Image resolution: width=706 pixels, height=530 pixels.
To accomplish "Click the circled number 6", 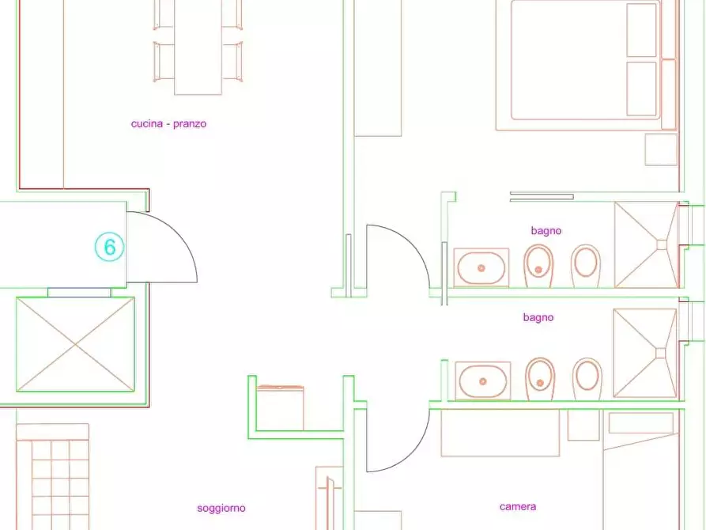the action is point(109,247).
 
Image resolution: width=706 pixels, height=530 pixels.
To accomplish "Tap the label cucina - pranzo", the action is point(169,123).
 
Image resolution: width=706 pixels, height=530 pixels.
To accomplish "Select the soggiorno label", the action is point(221,509).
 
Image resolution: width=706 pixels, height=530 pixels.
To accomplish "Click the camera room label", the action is point(518,506).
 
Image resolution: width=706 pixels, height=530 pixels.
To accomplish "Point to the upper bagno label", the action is point(546,231).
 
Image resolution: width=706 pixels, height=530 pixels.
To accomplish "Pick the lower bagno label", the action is point(538,317).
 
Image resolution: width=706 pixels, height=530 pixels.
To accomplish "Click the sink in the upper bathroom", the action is point(481,267).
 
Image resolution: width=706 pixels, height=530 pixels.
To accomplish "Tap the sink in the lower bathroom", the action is point(483,380).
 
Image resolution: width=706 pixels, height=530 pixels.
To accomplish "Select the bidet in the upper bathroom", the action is point(538,266).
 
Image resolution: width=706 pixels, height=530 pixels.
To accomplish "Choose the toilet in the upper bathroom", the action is point(586,266).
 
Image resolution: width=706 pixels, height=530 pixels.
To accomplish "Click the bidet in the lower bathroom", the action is point(540,379).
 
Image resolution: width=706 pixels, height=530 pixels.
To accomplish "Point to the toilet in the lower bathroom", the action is point(587,379).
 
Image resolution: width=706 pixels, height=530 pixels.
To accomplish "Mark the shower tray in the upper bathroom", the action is point(647,244).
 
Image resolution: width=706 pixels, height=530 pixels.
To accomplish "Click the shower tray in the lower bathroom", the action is point(645,353).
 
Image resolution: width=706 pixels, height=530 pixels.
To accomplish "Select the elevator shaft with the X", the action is point(75,344).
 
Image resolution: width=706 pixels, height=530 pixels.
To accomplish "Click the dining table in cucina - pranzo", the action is point(198,47).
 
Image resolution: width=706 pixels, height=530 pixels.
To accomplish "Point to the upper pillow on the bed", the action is point(642,31).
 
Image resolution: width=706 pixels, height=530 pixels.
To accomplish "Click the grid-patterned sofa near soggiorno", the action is point(53,477).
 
